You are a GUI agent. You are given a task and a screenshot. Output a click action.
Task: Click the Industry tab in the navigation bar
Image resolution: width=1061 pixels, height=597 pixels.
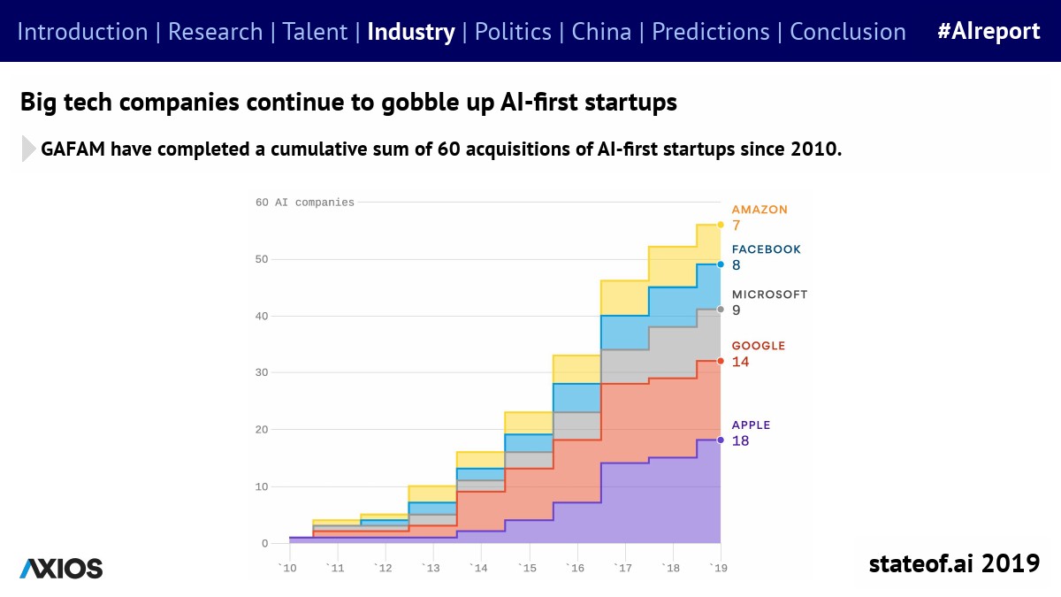410,32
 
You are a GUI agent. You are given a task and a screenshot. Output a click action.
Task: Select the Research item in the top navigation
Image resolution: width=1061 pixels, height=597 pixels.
215,32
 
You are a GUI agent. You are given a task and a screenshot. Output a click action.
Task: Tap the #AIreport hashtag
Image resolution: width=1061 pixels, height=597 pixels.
988,32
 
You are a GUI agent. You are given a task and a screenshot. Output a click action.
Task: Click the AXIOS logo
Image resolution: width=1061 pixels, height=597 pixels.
61,569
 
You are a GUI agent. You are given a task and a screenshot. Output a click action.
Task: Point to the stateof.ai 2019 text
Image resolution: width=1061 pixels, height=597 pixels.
954,563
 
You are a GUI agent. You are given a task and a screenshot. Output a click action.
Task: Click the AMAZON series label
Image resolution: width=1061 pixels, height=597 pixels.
759,210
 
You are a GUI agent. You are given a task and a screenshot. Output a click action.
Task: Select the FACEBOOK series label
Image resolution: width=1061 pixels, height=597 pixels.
766,249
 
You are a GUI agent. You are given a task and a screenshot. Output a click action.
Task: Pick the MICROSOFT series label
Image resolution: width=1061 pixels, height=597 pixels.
769,295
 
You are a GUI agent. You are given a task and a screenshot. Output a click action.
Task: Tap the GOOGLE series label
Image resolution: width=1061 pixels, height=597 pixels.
758,346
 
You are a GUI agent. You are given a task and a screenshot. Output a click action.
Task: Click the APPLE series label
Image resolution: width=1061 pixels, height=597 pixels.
751,425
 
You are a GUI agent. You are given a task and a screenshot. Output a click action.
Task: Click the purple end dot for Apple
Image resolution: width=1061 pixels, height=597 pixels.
721,440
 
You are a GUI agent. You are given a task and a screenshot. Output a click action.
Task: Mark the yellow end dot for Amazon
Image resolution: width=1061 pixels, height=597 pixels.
721,225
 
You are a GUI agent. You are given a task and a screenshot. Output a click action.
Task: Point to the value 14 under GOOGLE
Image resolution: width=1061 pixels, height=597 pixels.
740,362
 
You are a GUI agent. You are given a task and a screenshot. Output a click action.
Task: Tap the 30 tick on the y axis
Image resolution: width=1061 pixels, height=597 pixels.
262,372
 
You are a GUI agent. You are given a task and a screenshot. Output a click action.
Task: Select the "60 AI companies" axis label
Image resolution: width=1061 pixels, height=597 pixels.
304,203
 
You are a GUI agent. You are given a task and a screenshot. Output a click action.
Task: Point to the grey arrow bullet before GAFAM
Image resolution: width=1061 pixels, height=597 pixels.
29,149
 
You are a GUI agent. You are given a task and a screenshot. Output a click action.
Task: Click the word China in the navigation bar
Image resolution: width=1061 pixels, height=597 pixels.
601,32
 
